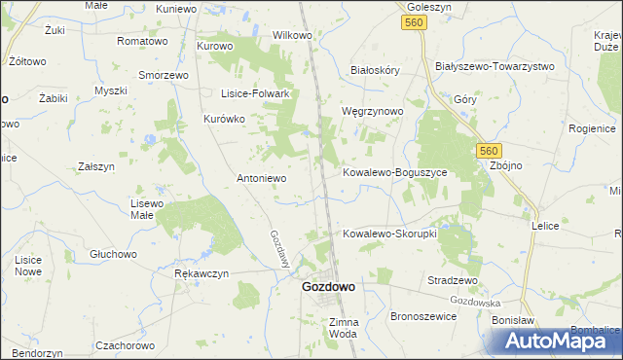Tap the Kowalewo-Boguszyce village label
(394, 172)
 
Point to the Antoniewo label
(262, 178)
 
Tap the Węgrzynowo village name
(372, 111)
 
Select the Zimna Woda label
(344, 327)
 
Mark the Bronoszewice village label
(423, 316)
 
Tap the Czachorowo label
(126, 345)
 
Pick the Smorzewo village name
(163, 74)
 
